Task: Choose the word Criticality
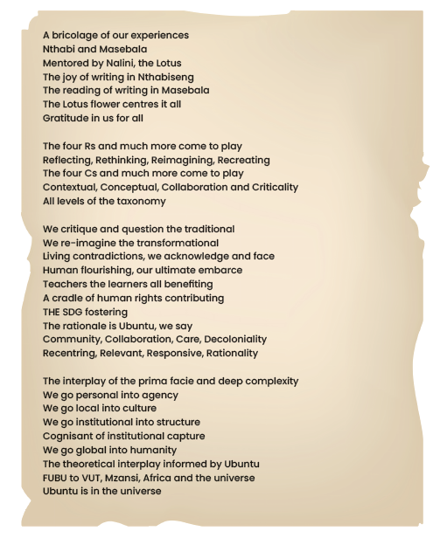pos(269,187)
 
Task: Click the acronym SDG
pos(80,312)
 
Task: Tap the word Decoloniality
pos(228,339)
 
